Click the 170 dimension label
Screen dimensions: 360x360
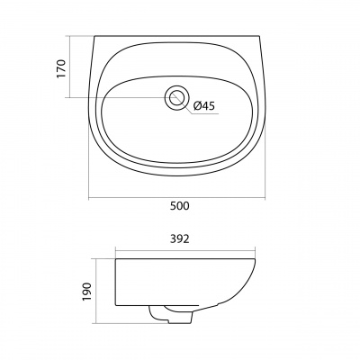[x=61, y=68]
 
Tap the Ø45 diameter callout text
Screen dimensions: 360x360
[x=204, y=105]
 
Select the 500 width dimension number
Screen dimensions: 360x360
[x=180, y=206]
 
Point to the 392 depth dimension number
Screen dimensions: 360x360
[x=180, y=239]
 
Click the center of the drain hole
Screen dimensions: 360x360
[x=176, y=98]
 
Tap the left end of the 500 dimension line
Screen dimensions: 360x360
[x=89, y=198]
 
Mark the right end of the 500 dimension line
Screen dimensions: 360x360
[x=265, y=198]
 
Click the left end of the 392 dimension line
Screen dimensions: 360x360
[x=115, y=250]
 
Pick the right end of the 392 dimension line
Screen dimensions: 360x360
[x=255, y=250]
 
